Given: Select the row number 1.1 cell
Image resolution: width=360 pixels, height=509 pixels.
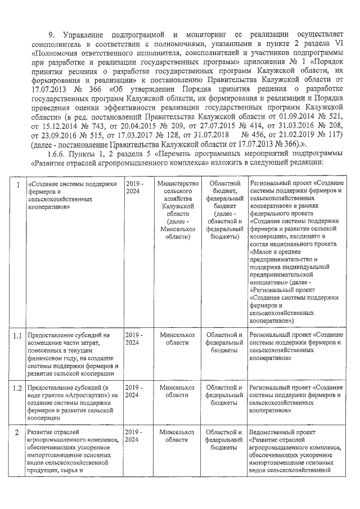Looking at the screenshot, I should coord(18,336).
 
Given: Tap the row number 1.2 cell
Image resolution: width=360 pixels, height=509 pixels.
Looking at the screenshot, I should coord(18,388).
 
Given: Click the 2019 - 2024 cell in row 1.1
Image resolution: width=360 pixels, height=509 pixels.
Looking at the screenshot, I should coord(134,339).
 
